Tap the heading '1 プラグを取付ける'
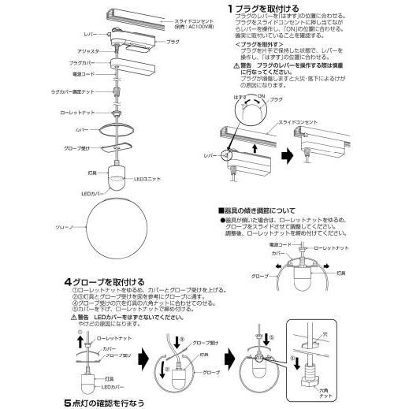pyautogui.click(x=259, y=8)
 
